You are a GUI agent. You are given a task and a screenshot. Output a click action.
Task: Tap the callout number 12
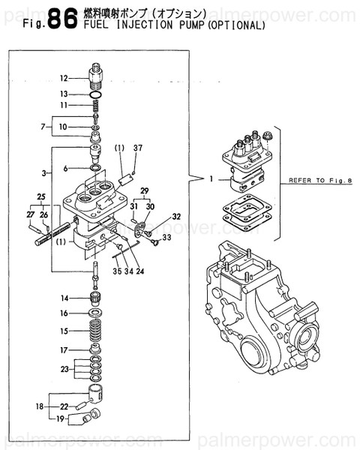pos(64,78)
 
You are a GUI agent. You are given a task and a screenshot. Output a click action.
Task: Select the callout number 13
pos(64,94)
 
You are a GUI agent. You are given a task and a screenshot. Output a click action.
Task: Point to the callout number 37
pos(137,148)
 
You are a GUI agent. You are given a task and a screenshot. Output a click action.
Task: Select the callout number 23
pos(64,368)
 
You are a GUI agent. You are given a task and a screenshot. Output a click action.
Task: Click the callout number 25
pos(42,199)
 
